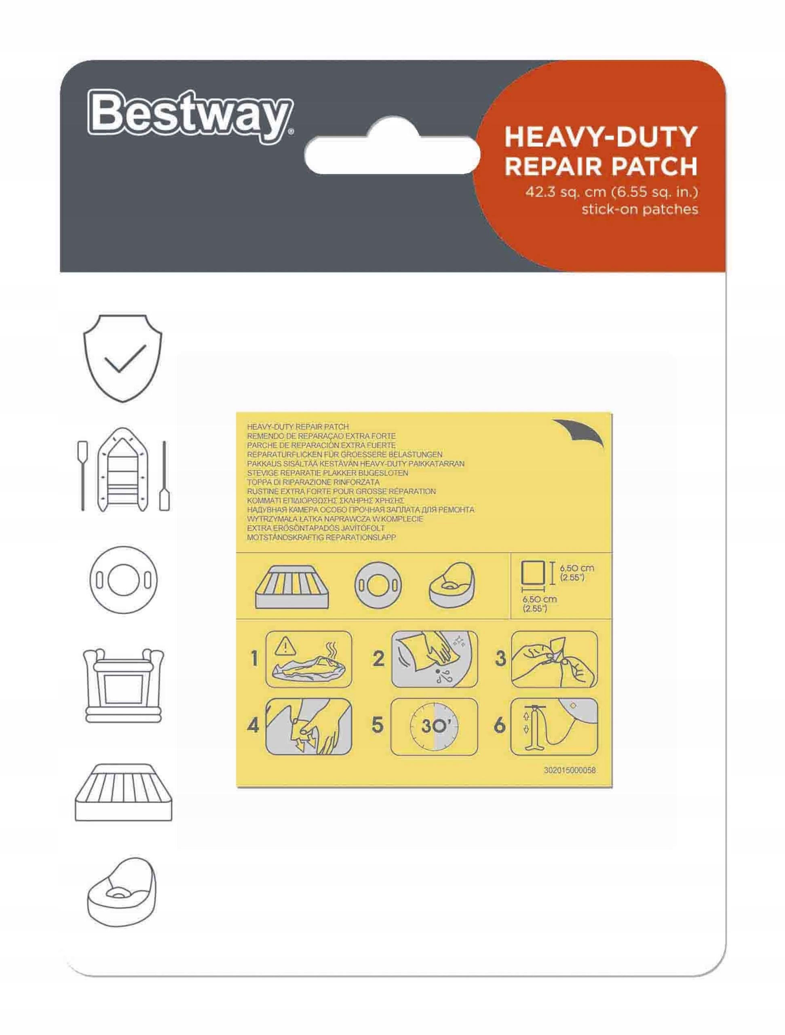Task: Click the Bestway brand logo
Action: pyautogui.click(x=190, y=116)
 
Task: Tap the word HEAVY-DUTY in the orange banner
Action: pyautogui.click(x=601, y=137)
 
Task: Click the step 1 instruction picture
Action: pyautogui.click(x=309, y=659)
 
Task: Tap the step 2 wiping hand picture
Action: pyautogui.click(x=434, y=659)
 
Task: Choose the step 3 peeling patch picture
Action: pyautogui.click(x=554, y=659)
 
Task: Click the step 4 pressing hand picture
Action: pyautogui.click(x=309, y=727)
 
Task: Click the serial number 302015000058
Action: pyautogui.click(x=569, y=770)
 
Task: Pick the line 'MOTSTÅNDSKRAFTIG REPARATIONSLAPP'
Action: pyautogui.click(x=321, y=538)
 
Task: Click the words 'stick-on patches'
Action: pyautogui.click(x=639, y=209)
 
